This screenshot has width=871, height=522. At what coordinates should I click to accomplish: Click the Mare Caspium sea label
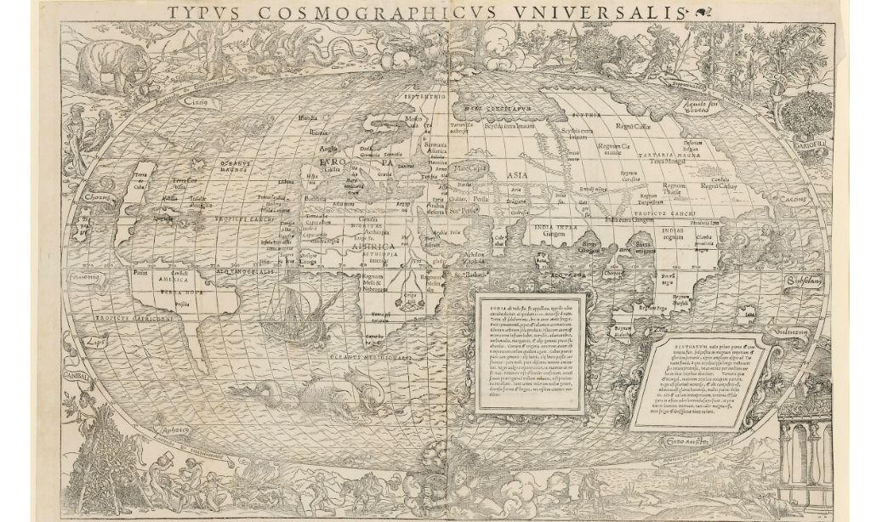pos(468,167)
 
